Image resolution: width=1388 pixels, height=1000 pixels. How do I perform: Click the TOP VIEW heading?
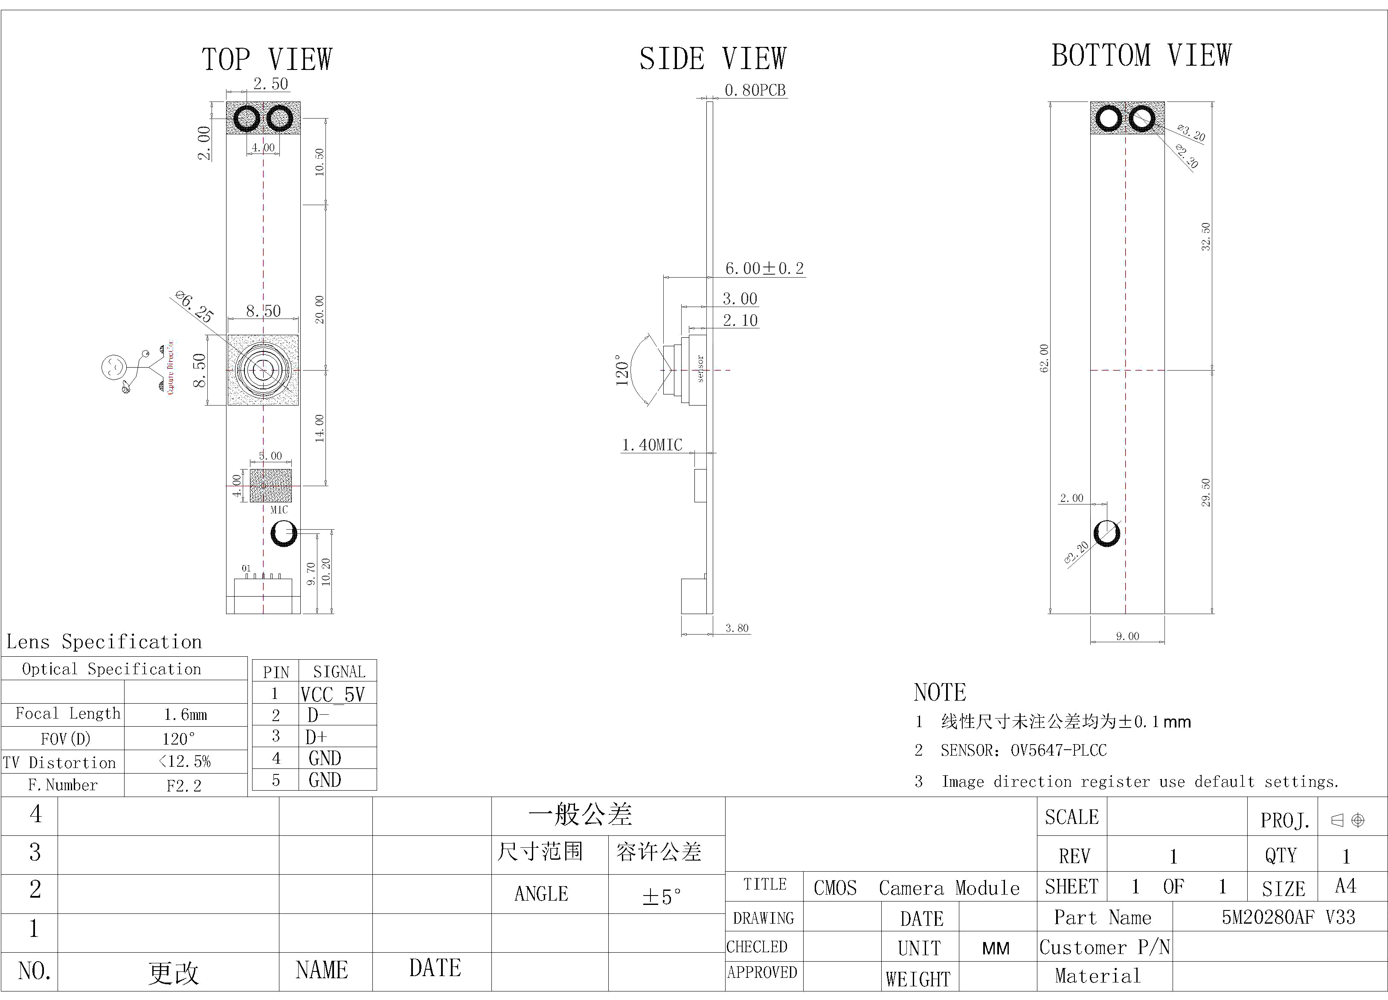pos(267,59)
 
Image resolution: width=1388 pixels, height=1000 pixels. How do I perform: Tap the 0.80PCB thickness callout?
pos(755,90)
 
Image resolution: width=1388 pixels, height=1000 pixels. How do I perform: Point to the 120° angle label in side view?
pos(622,370)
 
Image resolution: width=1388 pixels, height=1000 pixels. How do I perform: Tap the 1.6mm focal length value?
pos(185,714)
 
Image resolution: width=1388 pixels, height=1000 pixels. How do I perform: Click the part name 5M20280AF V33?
pos(1288,917)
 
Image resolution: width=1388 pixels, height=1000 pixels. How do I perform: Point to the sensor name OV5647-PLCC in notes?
pos(1058,750)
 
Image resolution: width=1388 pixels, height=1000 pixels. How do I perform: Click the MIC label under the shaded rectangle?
pos(279,509)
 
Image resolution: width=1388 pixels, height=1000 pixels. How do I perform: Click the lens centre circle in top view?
pos(263,370)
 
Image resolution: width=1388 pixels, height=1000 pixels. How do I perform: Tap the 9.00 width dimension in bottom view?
pos(1127,636)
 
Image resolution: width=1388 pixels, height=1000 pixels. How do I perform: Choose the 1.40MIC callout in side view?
pos(652,445)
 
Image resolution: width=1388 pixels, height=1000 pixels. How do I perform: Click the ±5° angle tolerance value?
pos(661,896)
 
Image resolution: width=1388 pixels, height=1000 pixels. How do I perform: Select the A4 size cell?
pos(1345,886)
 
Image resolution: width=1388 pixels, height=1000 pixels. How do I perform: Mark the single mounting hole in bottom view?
pos(1106,533)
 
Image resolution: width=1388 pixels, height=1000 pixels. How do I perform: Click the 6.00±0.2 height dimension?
pos(764,268)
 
